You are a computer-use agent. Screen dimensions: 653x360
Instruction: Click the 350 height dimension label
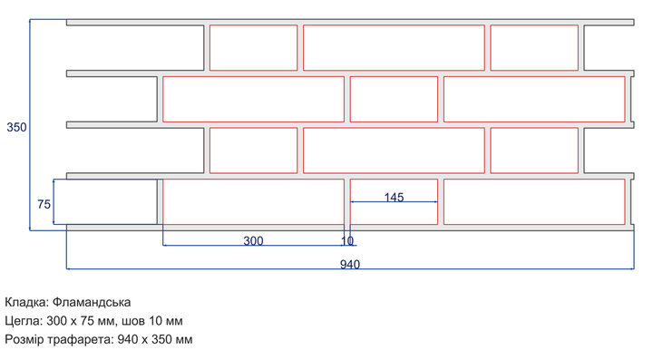[16, 127]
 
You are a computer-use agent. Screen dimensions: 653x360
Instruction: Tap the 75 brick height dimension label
[44, 204]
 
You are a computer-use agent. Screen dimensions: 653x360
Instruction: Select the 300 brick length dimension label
[253, 241]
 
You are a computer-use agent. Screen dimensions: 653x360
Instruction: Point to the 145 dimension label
[394, 198]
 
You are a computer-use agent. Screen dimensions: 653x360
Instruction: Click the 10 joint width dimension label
[347, 241]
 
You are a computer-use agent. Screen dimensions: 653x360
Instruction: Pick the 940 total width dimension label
[350, 265]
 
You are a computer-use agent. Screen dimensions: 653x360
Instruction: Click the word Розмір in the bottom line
[24, 340]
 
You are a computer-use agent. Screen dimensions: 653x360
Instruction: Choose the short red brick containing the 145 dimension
[394, 202]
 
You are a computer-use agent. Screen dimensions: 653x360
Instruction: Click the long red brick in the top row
[394, 47]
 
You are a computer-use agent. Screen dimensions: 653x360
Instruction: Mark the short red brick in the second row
[394, 99]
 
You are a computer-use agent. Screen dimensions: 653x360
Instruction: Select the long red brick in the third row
[394, 151]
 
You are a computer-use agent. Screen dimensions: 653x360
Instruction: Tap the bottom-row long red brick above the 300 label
[254, 202]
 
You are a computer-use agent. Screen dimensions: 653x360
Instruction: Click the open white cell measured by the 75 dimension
[106, 202]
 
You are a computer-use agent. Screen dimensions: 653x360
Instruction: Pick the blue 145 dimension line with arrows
[394, 202]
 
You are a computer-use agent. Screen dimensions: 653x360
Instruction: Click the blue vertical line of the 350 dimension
[30, 124]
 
